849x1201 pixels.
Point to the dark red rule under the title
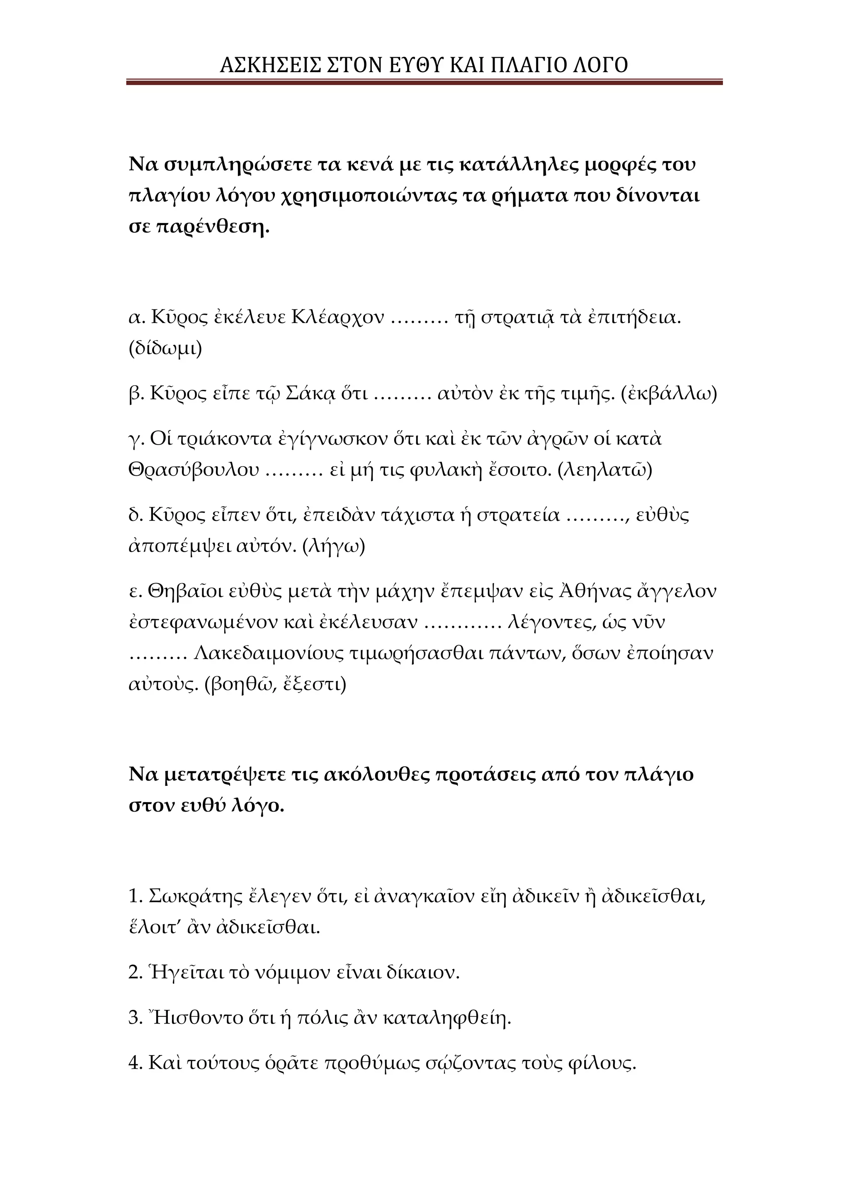(424, 82)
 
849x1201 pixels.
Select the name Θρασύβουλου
(194, 470)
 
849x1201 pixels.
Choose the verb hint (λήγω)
(334, 546)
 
